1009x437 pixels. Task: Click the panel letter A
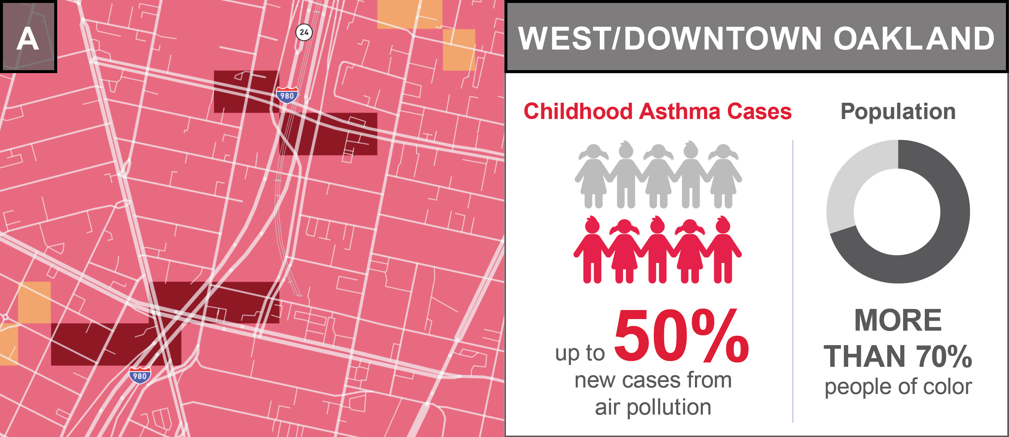(27, 39)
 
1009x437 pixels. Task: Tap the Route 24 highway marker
(304, 32)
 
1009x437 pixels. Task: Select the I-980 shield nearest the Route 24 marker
(287, 95)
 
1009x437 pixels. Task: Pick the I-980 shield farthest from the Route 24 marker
(140, 376)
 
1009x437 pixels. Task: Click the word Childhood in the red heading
(578, 111)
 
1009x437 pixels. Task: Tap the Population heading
(898, 111)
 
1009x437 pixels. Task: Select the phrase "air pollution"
(653, 407)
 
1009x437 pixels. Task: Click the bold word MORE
(898, 320)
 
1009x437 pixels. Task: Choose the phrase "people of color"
(898, 387)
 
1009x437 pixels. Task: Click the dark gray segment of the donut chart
(948, 235)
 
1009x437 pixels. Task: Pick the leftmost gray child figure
(593, 177)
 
